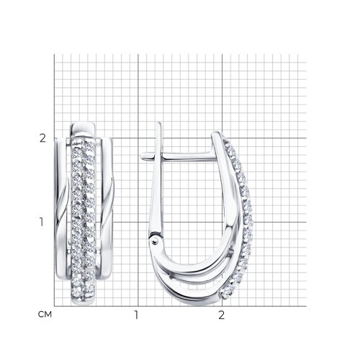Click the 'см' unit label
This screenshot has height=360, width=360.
(x=45, y=314)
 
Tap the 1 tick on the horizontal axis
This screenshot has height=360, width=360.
(x=136, y=315)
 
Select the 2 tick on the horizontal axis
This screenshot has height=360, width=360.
(x=222, y=315)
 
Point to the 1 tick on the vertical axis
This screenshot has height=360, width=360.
(x=42, y=222)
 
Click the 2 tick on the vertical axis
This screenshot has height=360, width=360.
(x=42, y=138)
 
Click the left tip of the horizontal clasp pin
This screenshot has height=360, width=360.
(x=141, y=156)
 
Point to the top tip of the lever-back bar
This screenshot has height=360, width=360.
(x=159, y=123)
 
